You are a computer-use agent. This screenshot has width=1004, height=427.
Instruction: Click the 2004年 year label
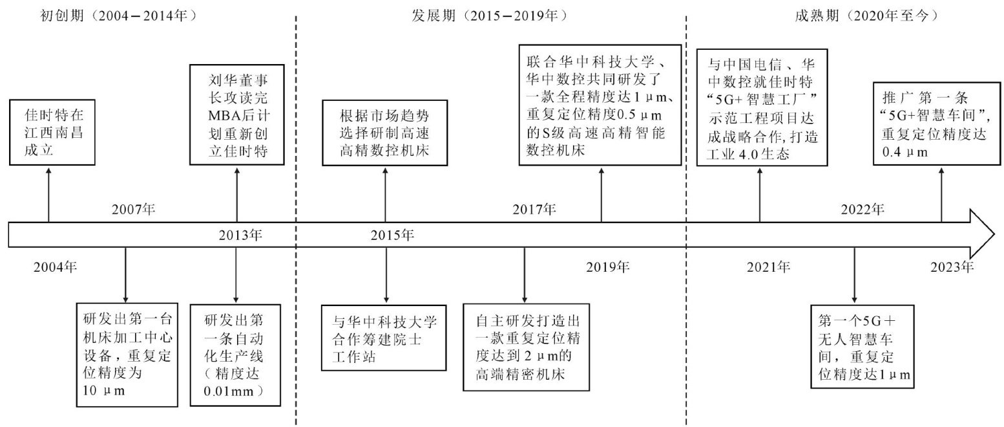[56, 266]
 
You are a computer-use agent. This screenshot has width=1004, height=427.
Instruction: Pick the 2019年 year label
[608, 266]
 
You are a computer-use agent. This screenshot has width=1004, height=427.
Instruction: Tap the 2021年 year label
[768, 266]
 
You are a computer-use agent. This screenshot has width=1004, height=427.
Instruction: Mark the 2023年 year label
[952, 266]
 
